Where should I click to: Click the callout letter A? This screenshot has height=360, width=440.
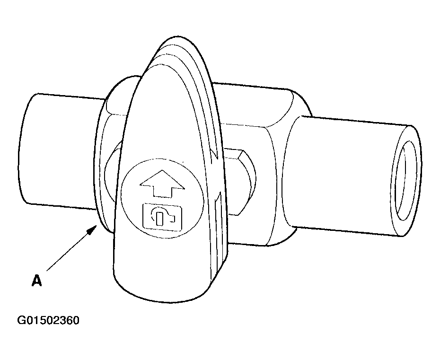click(x=37, y=281)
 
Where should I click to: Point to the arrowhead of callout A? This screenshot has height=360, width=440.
click(x=93, y=229)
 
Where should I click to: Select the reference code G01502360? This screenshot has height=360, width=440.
click(x=48, y=320)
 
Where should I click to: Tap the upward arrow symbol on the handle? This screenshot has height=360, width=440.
click(x=162, y=183)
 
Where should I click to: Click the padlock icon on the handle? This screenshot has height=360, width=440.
click(x=162, y=217)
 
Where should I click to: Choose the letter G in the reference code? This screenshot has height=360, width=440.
click(x=21, y=320)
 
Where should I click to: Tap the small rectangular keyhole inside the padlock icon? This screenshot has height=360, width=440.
click(x=159, y=219)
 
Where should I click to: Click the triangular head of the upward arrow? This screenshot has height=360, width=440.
click(x=162, y=179)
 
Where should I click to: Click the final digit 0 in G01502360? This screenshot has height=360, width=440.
click(x=76, y=320)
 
